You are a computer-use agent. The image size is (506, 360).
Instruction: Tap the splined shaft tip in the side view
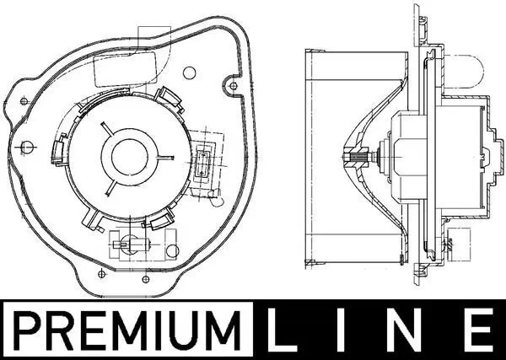point(353,157)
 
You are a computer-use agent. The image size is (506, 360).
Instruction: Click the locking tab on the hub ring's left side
point(60,150)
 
